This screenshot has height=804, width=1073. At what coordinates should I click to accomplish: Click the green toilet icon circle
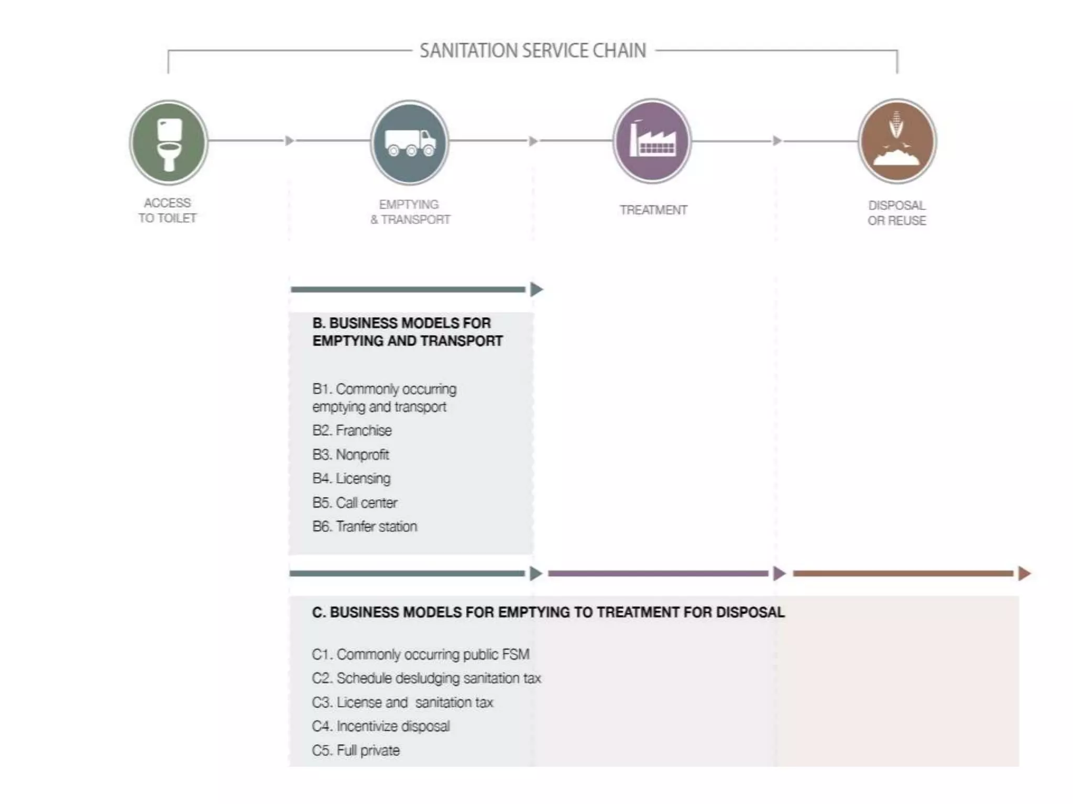click(169, 142)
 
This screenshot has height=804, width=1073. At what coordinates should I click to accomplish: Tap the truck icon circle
click(410, 142)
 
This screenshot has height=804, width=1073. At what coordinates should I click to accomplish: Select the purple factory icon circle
click(652, 141)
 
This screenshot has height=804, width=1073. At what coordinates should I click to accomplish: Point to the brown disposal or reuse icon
click(897, 141)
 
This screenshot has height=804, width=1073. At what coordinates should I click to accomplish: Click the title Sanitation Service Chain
click(533, 51)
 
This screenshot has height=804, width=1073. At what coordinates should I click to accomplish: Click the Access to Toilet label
click(168, 210)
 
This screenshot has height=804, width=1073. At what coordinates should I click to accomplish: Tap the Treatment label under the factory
click(653, 210)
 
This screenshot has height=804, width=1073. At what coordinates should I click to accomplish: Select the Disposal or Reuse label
click(896, 213)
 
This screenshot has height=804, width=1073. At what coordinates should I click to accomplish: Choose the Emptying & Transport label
click(410, 212)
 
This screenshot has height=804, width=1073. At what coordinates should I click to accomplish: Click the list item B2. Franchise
click(352, 430)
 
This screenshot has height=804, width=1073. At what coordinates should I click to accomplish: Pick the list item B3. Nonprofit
click(351, 454)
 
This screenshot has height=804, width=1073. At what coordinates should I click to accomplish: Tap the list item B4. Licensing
click(352, 478)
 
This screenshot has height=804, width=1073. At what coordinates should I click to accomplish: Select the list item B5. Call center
click(355, 502)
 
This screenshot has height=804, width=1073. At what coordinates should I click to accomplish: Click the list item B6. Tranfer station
click(365, 527)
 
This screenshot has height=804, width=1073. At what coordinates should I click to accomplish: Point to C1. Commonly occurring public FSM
click(421, 654)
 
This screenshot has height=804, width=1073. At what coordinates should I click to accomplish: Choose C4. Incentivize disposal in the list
click(381, 727)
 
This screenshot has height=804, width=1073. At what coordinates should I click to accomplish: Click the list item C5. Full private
click(356, 751)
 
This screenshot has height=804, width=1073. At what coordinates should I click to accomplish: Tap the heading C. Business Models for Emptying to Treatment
click(548, 612)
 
